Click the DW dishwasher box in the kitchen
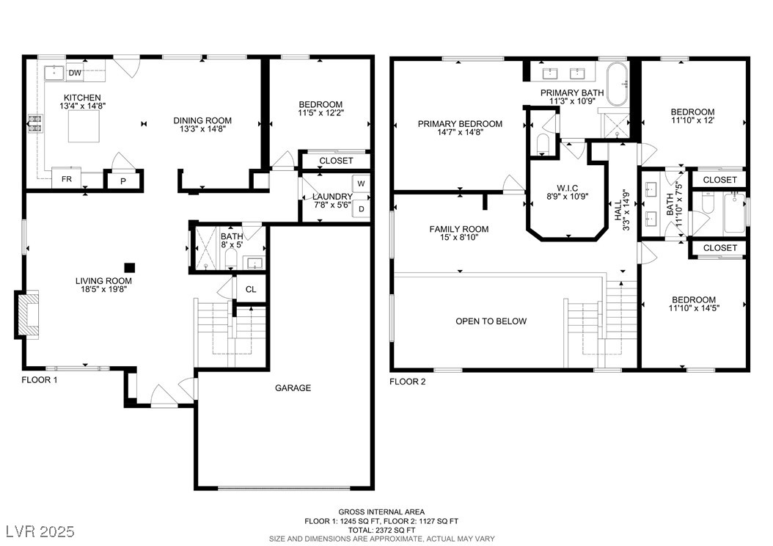[x=75, y=73]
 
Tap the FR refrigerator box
[x=67, y=178]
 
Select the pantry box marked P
[x=123, y=181]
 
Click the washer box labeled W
[x=361, y=183]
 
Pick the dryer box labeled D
[x=362, y=209]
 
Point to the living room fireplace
[x=26, y=314]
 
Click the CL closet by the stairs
[x=251, y=289]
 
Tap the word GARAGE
[x=293, y=388]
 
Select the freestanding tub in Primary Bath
[x=618, y=84]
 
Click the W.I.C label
[x=567, y=188]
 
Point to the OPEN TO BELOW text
[x=491, y=321]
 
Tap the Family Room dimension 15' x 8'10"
[x=459, y=237]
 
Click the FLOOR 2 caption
[x=408, y=382]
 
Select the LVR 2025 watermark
[x=40, y=531]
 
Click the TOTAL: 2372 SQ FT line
[x=381, y=530]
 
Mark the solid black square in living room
[x=129, y=267]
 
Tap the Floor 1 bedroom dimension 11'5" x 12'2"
[x=321, y=112]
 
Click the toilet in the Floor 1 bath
[x=231, y=259]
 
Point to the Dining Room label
[x=202, y=120]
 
